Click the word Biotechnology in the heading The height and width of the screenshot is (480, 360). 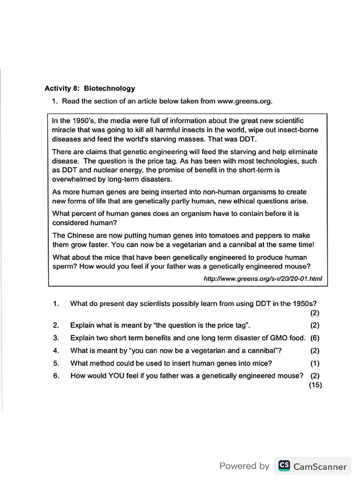(109, 88)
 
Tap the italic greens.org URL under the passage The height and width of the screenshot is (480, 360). (263, 278)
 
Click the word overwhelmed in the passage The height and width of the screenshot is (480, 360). (73, 179)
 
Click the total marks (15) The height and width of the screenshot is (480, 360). (315, 385)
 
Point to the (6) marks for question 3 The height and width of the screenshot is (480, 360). (315, 337)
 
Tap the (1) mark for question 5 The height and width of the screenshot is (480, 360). (315, 363)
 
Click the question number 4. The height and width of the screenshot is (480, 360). (56, 350)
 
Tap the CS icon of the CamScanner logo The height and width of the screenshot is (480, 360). (284, 465)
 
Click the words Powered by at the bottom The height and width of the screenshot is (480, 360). (244, 466)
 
